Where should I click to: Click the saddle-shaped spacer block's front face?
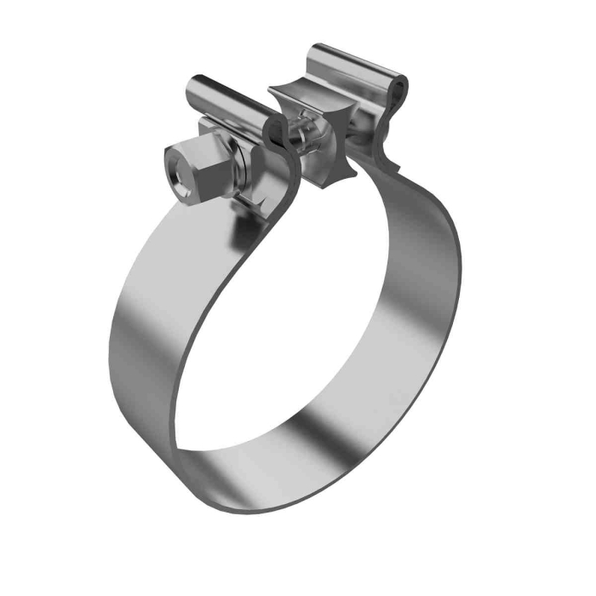click(329, 136)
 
